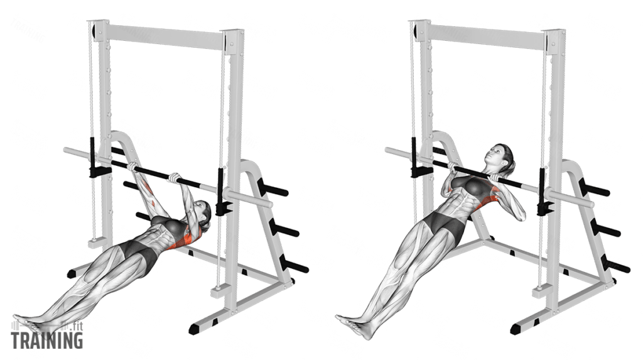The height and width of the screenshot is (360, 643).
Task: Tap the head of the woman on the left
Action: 200,213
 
